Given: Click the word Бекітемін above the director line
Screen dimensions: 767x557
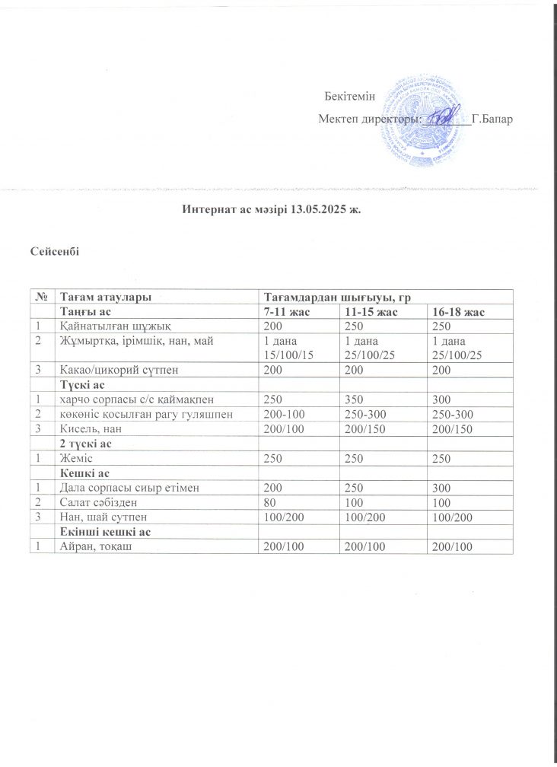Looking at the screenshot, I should pyautogui.click(x=350, y=95).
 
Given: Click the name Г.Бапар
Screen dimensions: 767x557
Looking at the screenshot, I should pyautogui.click(x=496, y=119).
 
